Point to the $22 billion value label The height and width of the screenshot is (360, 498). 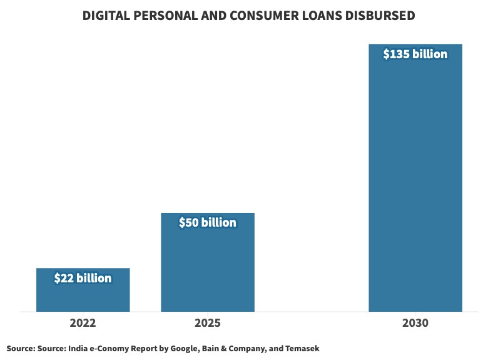(83, 278)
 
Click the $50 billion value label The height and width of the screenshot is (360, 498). (207, 222)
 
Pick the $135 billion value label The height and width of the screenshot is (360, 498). (415, 54)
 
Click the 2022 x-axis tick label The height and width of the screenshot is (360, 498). (83, 324)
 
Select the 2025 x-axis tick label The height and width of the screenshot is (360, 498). (207, 324)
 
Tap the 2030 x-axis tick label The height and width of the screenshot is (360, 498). (415, 324)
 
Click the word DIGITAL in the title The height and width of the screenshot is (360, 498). (108, 16)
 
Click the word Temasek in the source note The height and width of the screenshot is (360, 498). (302, 348)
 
